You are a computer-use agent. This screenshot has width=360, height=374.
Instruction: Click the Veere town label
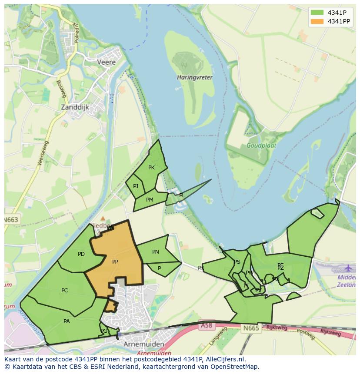[106, 62]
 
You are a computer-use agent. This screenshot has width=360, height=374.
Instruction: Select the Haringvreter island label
[195, 77]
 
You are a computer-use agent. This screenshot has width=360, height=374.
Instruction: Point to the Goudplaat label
[261, 146]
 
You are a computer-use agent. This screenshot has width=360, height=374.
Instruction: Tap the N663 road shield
[11, 220]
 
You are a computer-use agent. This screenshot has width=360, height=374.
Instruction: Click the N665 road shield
[251, 328]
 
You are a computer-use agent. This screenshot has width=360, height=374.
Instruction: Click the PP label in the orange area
[115, 262]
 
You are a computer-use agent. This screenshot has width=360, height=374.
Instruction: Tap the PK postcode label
[151, 168]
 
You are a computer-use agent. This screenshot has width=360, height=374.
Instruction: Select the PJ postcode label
[136, 186]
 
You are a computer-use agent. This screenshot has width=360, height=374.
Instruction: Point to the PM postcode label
[150, 200]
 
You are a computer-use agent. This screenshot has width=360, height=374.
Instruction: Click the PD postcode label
[81, 254]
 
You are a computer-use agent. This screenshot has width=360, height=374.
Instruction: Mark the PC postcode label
[65, 291]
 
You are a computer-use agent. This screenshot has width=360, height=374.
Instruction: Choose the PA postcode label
[67, 321]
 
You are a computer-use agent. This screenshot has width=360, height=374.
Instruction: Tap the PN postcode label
[156, 252]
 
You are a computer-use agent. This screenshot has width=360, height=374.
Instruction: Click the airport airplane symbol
[348, 268]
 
